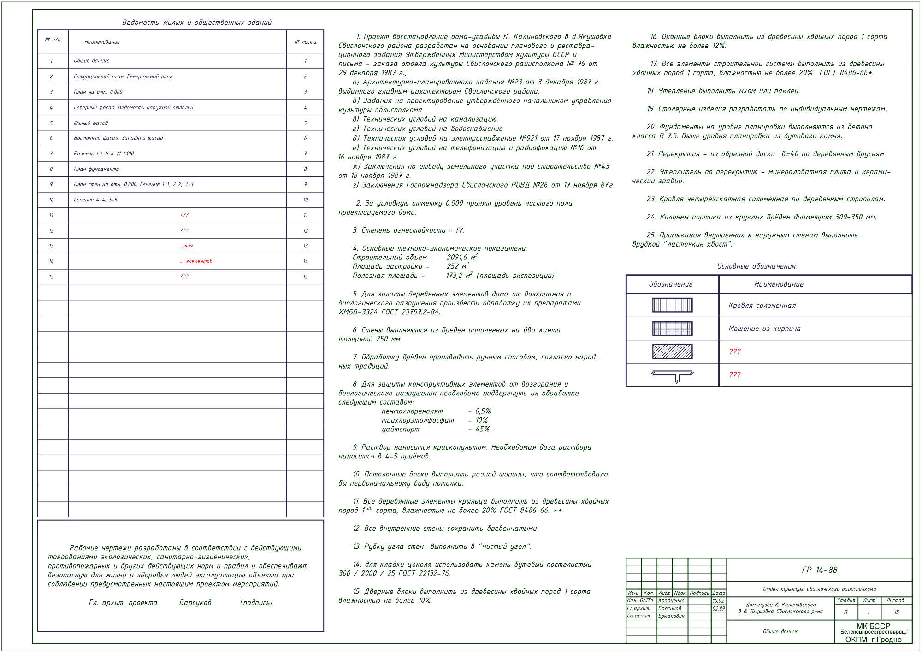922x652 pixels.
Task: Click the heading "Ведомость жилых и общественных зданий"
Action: tap(197, 23)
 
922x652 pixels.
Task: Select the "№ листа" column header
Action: tap(305, 42)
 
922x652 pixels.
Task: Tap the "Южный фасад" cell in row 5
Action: tap(91, 123)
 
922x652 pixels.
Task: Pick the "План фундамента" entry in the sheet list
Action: tap(96, 169)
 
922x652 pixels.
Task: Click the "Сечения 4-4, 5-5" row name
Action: tap(95, 200)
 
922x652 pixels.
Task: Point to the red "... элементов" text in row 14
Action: tap(196, 261)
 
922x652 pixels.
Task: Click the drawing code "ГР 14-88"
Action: tap(820, 570)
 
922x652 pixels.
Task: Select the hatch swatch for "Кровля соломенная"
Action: tap(672, 305)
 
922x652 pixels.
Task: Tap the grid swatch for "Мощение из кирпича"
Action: tap(672, 328)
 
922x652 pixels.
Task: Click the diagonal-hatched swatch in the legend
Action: tap(672, 352)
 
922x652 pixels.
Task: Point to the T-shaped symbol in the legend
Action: tap(672, 375)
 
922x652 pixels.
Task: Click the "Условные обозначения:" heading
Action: tap(757, 266)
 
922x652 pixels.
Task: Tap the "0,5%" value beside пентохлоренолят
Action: tap(483, 411)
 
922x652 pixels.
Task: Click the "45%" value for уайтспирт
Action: tap(482, 429)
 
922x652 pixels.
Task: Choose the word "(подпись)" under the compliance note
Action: tap(256, 602)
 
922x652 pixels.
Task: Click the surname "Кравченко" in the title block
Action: tap(671, 600)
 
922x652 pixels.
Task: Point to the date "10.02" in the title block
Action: tap(718, 600)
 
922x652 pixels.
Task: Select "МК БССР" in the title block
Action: tap(873, 626)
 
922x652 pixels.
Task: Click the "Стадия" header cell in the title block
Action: tap(846, 600)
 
